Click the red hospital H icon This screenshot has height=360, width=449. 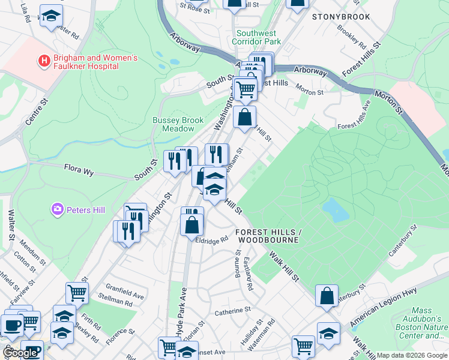click(43, 61)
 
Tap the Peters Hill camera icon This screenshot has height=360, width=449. click(58, 209)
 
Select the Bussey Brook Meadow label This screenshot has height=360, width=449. click(178, 124)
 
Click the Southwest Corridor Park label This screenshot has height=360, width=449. click(259, 38)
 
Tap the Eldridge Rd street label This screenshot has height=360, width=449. click(212, 239)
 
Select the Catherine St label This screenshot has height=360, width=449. click(232, 311)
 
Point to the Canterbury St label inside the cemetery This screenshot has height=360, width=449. click(402, 257)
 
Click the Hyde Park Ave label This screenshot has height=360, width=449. click(178, 317)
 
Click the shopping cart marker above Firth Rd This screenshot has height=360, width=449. click(77, 292)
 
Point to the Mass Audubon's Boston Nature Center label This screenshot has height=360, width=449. click(421, 323)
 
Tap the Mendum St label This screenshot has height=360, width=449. click(28, 247)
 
